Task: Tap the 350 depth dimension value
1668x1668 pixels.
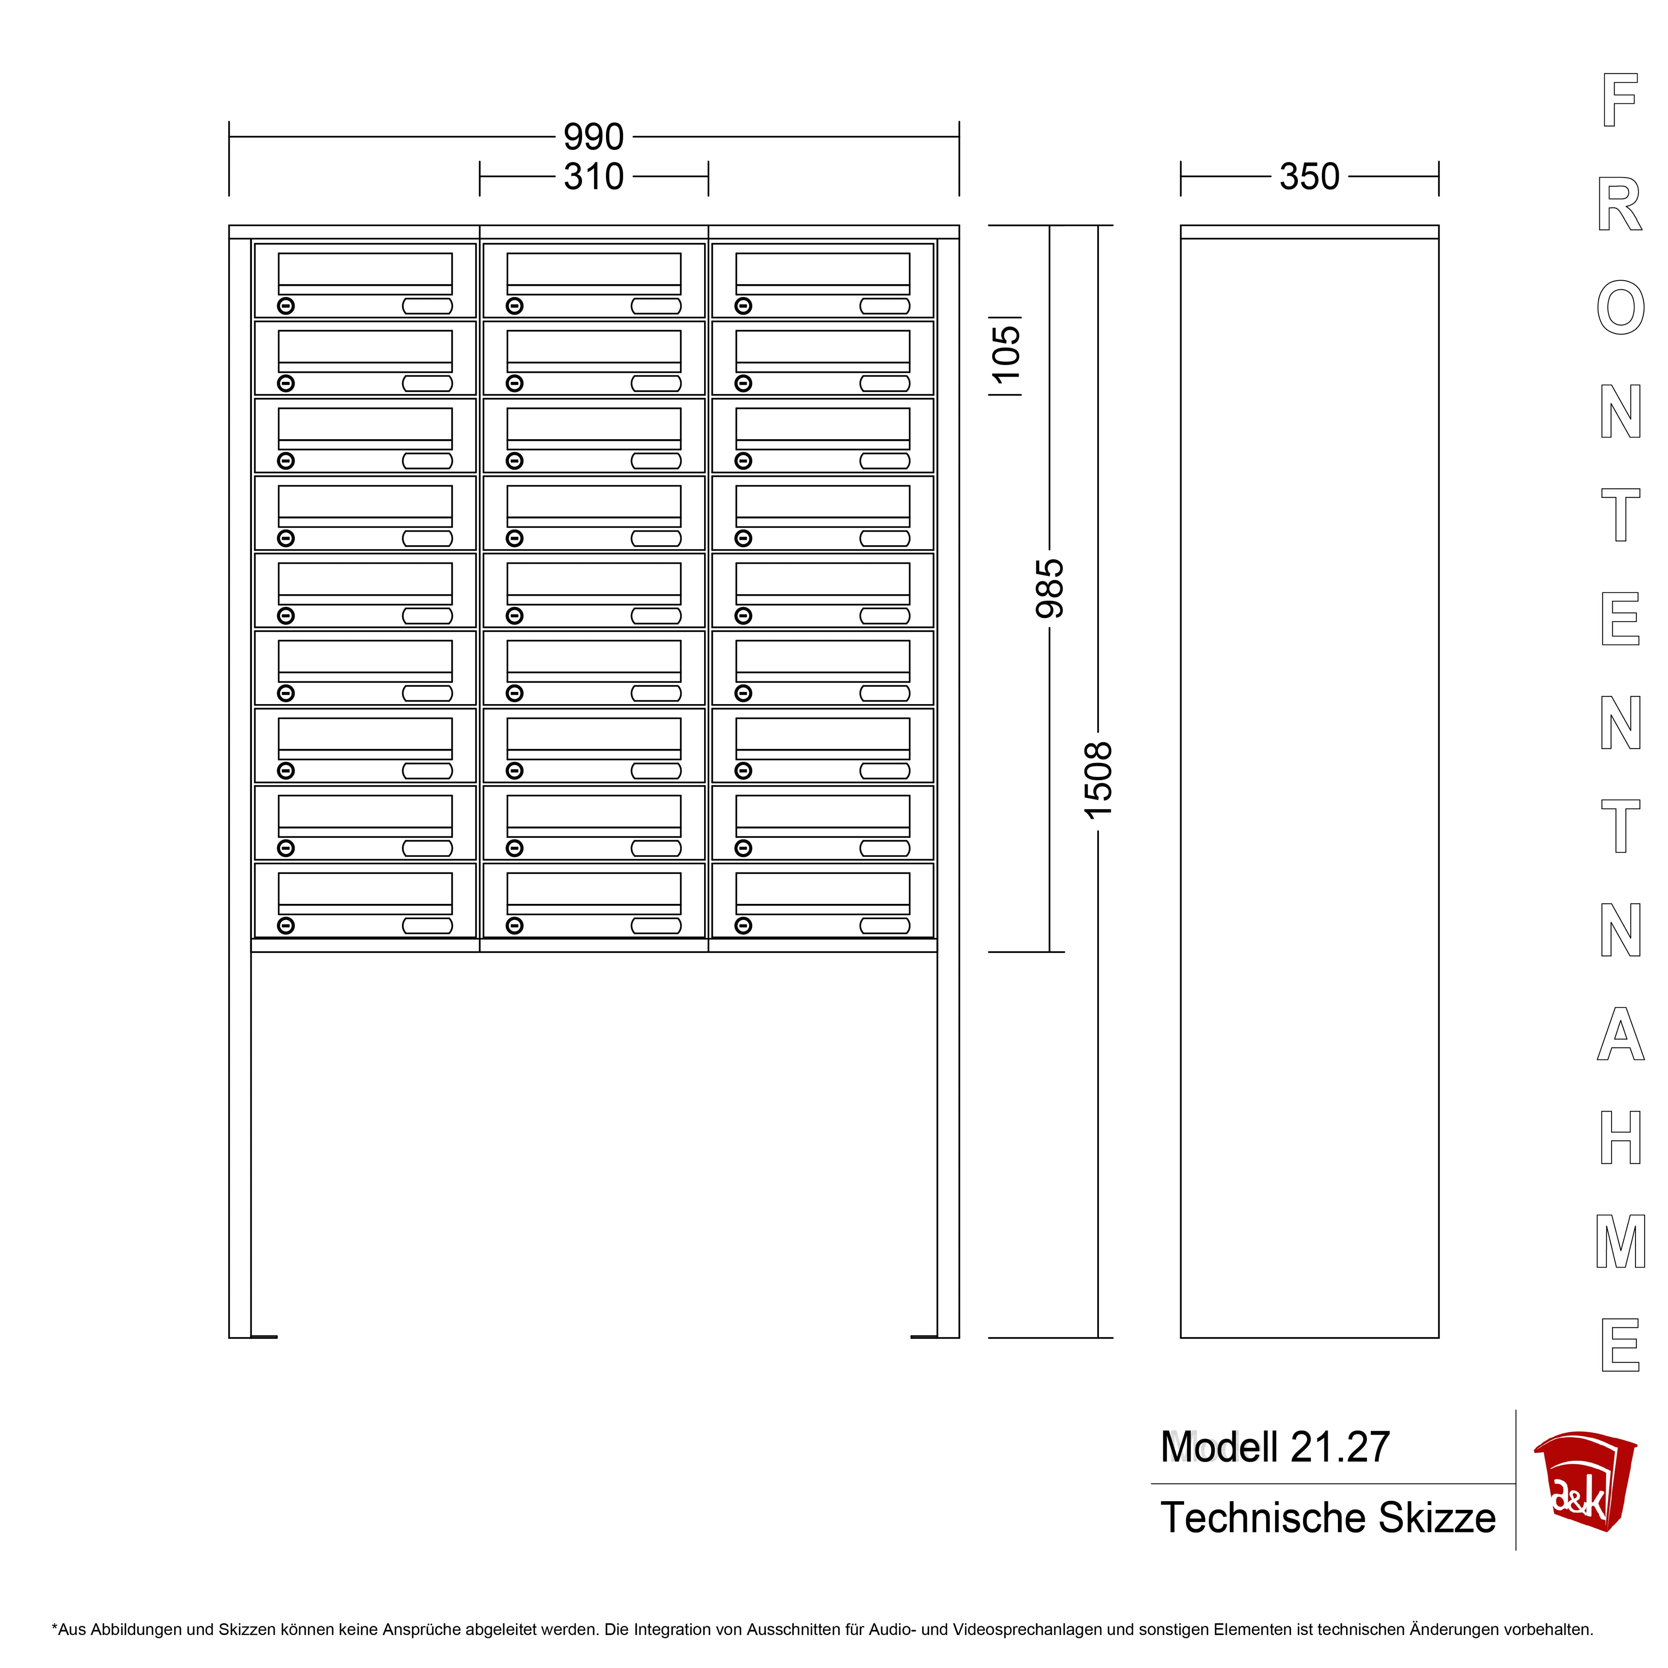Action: tap(1309, 177)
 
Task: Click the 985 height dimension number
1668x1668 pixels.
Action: tap(1050, 589)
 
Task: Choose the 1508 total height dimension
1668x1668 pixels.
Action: tap(1098, 781)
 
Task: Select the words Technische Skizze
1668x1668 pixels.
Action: tap(1328, 1518)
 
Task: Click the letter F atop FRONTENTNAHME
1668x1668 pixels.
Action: tap(1620, 100)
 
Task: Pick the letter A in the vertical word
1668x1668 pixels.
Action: tap(1621, 1033)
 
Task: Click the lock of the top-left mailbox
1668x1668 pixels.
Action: tap(286, 306)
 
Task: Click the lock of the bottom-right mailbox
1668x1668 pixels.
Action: tap(743, 926)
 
